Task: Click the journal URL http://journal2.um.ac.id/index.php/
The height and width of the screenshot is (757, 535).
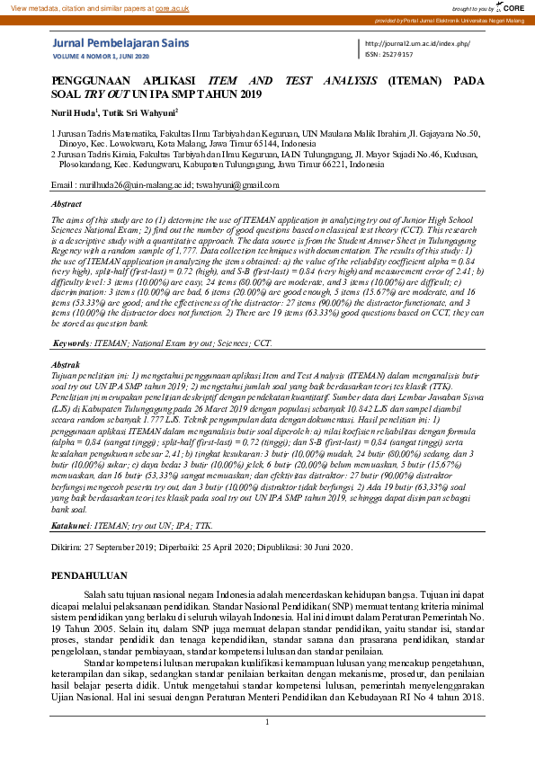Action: [x=418, y=43]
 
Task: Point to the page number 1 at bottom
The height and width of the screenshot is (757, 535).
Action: [x=267, y=722]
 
